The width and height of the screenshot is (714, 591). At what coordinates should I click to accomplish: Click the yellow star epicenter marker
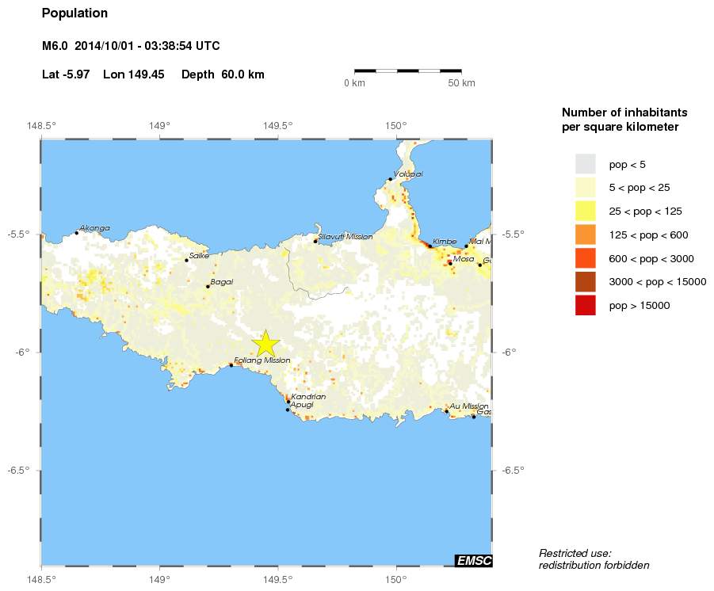coord(266,344)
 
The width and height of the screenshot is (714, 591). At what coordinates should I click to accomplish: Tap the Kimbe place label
coord(445,241)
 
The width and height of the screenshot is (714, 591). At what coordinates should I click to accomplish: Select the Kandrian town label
coord(308,396)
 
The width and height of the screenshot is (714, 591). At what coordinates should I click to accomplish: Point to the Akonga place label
coord(94,228)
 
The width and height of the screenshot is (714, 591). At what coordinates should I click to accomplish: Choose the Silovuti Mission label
coord(345,236)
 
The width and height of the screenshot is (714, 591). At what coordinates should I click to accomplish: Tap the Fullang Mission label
coord(262,360)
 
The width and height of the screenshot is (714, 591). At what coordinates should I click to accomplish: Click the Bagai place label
coord(221,281)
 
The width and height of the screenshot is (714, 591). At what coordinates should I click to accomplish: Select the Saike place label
coord(199,255)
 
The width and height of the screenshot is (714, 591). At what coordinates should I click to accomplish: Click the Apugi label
coord(302,405)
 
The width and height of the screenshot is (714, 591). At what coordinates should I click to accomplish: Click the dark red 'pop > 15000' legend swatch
coord(585,305)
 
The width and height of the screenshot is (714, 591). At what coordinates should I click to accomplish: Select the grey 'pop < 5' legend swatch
coord(585,164)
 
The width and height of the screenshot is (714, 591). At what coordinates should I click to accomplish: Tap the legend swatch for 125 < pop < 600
coord(585,234)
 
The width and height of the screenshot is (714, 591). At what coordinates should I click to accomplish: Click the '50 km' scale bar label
coord(461,83)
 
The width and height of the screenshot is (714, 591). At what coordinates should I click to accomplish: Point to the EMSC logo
coord(474,561)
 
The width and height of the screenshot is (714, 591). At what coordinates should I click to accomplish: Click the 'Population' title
coord(74,13)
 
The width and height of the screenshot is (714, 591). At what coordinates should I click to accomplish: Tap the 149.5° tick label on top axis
coord(277,125)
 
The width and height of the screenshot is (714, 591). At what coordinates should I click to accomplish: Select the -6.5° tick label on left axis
coord(19,471)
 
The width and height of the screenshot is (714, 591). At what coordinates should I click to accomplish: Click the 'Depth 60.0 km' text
coord(223,74)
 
